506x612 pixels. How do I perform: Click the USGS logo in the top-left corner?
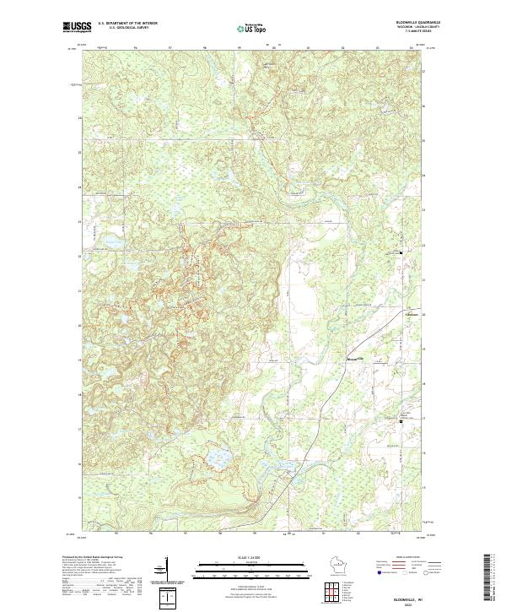point(78,27)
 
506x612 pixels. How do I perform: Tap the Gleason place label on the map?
point(412,316)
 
